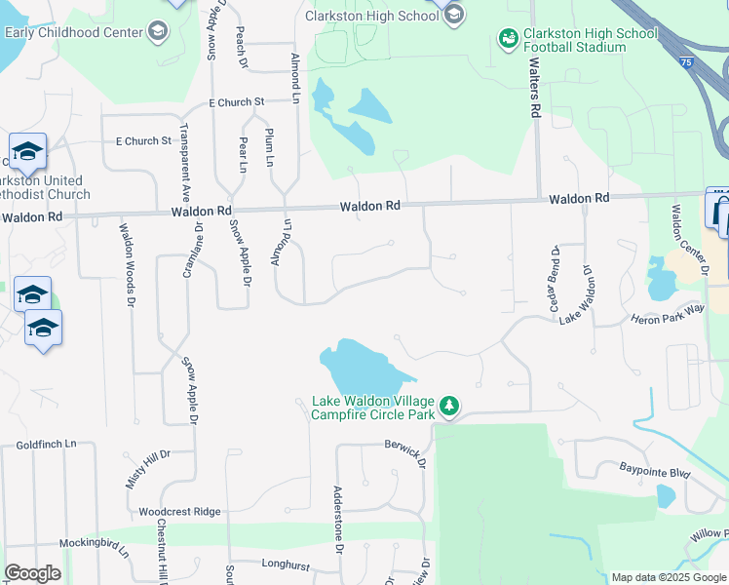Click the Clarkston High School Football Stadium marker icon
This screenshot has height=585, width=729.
(508, 39)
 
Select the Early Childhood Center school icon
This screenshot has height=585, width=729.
(157, 31)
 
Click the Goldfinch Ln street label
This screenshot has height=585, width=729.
(46, 444)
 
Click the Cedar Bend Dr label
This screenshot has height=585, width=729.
(554, 278)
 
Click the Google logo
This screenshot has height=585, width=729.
(33, 573)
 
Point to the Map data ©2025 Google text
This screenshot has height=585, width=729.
(669, 577)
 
